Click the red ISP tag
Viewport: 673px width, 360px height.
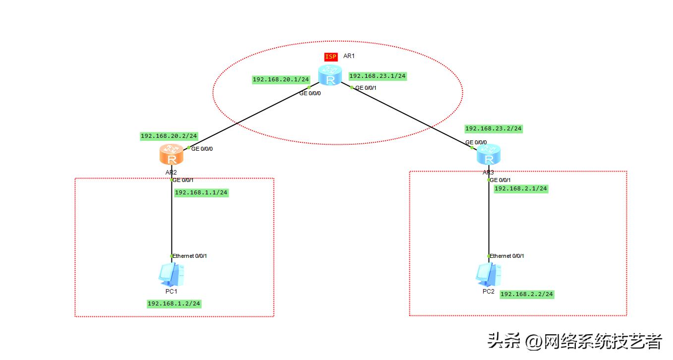click(331, 57)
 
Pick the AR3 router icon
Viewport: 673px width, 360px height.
click(489, 155)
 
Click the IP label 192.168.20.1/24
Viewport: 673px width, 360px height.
click(281, 79)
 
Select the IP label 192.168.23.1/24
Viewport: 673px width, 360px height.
click(378, 76)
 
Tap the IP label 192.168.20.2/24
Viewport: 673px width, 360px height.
click(169, 136)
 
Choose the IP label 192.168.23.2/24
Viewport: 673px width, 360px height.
click(494, 128)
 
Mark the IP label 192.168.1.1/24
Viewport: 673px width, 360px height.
click(201, 192)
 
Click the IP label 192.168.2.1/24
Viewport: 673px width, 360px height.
click(521, 188)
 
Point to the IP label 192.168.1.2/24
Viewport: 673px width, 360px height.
click(174, 303)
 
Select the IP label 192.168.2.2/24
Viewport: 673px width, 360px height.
click(527, 294)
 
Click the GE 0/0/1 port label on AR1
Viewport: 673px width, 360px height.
click(366, 88)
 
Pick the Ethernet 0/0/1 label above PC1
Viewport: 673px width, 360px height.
click(190, 256)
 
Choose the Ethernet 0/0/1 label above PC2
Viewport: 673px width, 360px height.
click(507, 256)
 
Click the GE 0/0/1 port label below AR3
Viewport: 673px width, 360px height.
click(501, 180)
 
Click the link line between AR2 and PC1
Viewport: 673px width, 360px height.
click(172, 223)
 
